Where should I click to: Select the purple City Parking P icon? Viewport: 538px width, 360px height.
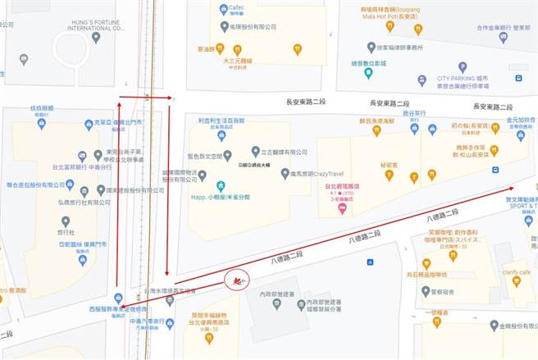click(x=463, y=66)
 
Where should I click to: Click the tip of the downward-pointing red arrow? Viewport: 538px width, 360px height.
click(x=167, y=275)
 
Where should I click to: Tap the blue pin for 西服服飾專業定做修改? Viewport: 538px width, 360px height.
click(x=119, y=298)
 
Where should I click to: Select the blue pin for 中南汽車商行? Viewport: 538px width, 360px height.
click(x=170, y=322)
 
